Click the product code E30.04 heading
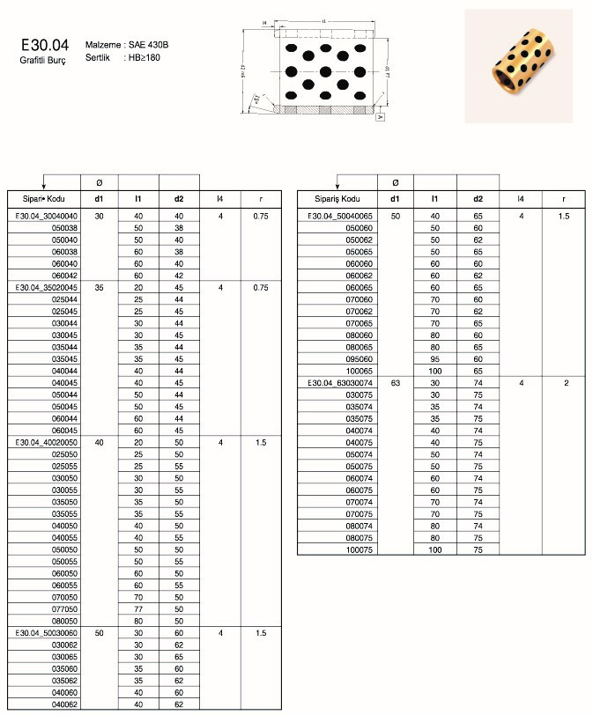[41, 44]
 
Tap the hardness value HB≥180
[144, 56]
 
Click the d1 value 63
[396, 383]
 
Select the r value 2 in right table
[566, 383]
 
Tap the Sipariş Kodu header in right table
[338, 199]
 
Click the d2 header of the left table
[179, 199]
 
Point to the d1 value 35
[99, 287]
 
